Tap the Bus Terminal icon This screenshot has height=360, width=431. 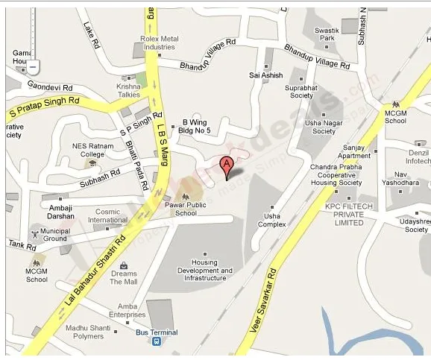click(157, 341)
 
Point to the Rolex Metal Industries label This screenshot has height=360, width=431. click(160, 42)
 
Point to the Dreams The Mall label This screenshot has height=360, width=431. click(124, 277)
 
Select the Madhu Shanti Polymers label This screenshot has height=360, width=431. click(94, 332)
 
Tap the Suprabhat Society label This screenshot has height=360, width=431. click(301, 91)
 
